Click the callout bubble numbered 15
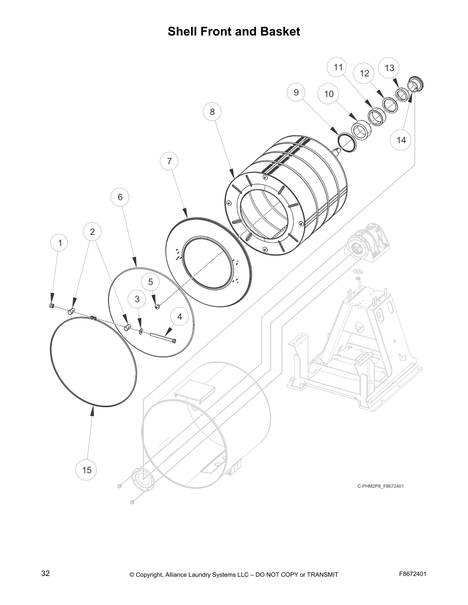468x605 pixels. pos(87,470)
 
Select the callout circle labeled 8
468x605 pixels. pos(212,112)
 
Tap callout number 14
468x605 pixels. pos(401,140)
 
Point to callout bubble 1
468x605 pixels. pos(59,243)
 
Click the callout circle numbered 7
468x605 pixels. pos(169,161)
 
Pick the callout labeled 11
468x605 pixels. pos(338,68)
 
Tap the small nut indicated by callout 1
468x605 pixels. pos(52,305)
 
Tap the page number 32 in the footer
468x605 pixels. pos(45,573)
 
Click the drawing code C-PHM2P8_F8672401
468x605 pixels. pos(380,486)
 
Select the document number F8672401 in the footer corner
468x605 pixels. pos(412,574)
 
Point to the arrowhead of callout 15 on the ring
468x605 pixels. pos(92,411)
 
